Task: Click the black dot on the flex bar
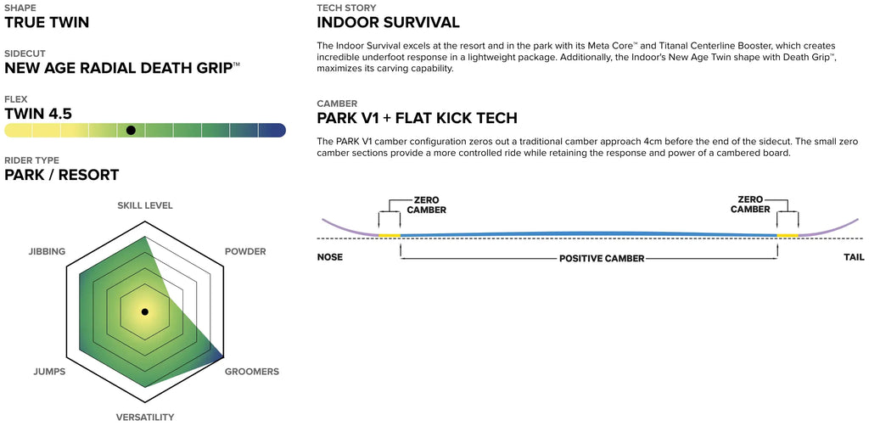131,130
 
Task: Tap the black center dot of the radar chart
144,312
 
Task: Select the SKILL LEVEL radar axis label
145,205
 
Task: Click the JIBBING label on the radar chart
47,251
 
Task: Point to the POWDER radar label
244,251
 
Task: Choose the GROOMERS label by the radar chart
251,372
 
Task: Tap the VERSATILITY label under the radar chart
145,417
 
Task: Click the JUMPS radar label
48,372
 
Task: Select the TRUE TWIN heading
47,22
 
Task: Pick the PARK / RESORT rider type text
61,175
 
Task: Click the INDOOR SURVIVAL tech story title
388,22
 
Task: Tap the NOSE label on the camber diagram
329,257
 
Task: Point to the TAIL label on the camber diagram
854,257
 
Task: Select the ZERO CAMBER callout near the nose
426,204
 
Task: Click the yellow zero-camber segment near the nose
390,234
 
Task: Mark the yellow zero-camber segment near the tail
788,234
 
